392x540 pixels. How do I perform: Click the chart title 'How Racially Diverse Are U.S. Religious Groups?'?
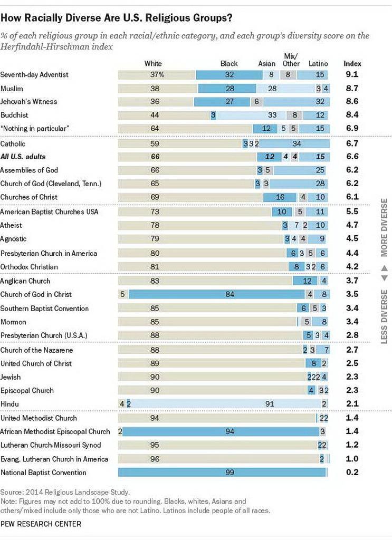pyautogui.click(x=116, y=18)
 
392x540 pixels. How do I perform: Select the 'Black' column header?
pyautogui.click(x=229, y=63)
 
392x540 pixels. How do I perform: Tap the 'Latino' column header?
pyautogui.click(x=318, y=63)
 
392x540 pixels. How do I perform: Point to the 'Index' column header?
pyautogui.click(x=352, y=63)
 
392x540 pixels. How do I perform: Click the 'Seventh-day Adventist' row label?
pyautogui.click(x=34, y=75)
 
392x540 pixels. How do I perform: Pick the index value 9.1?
pyautogui.click(x=352, y=74)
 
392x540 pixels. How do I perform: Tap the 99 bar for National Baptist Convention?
pyautogui.click(x=222, y=472)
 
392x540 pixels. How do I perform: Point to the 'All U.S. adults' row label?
pyautogui.click(x=23, y=157)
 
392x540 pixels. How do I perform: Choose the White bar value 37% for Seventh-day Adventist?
pyautogui.click(x=157, y=75)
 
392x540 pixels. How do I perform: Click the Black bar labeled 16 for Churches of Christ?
pyautogui.click(x=280, y=197)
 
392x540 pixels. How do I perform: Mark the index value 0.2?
pyautogui.click(x=352, y=472)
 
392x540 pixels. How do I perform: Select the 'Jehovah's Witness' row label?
pyautogui.click(x=28, y=102)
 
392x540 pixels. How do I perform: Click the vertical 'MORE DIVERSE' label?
pyautogui.click(x=384, y=228)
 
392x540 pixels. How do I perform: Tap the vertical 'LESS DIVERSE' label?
pyautogui.click(x=384, y=316)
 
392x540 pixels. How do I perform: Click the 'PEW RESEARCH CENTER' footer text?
pyautogui.click(x=41, y=524)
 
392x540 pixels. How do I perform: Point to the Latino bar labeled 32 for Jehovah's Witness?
pyautogui.click(x=296, y=102)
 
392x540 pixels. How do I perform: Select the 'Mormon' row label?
pyautogui.click(x=13, y=322)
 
